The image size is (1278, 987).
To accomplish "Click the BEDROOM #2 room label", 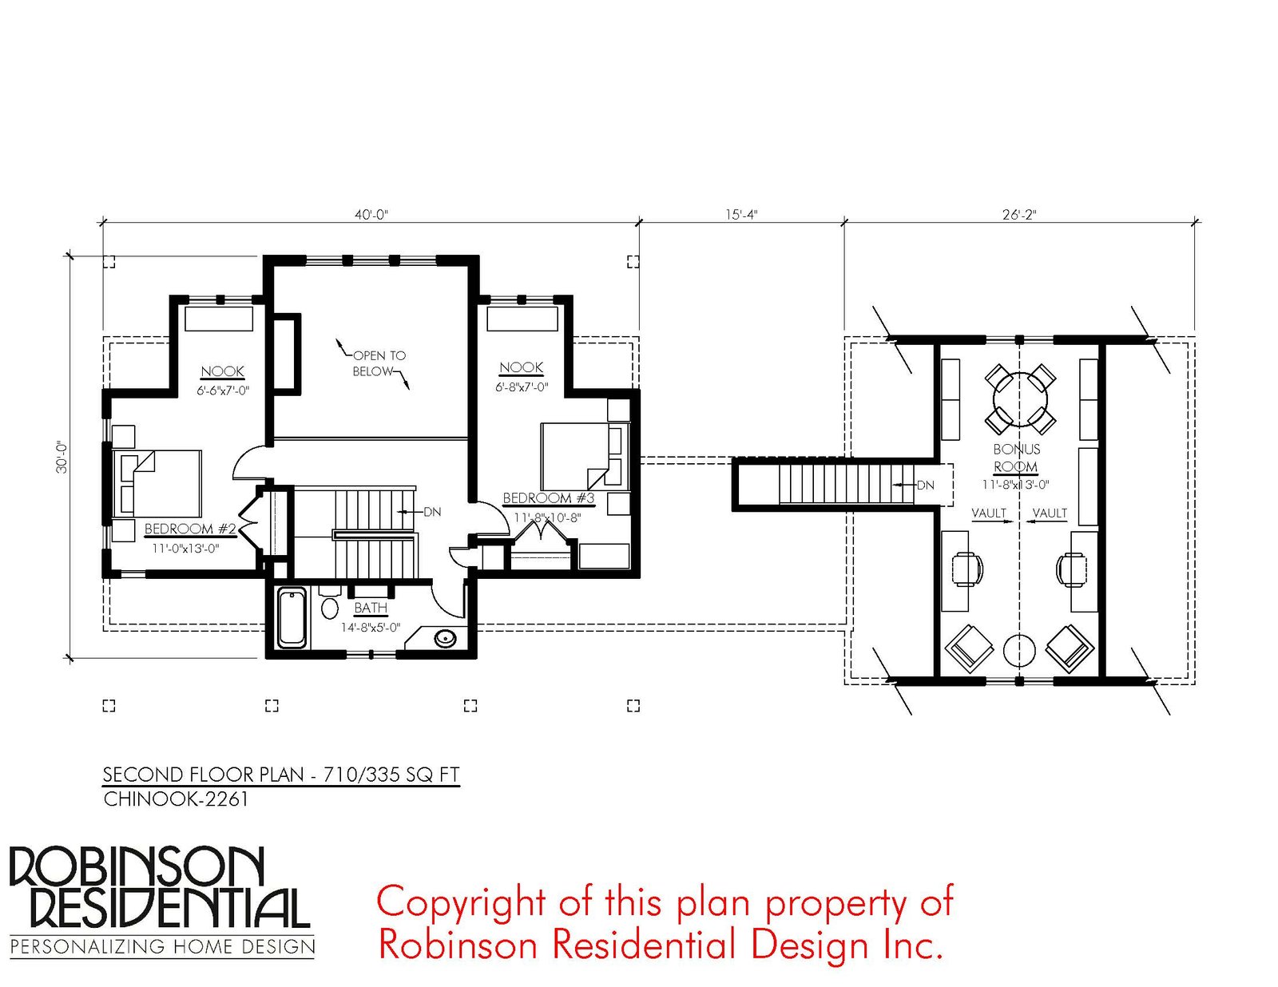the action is tap(190, 529).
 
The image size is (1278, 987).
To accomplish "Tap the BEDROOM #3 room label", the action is tap(548, 498).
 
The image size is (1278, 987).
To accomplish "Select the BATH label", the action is tap(371, 607).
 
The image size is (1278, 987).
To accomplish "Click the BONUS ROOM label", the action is tap(1016, 458).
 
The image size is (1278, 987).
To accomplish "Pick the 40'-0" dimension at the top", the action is tap(371, 215).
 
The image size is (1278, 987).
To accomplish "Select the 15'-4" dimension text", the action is tap(741, 215).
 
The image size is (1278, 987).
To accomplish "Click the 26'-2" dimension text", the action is tap(1019, 215).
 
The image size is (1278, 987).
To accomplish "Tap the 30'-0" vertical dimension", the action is tap(62, 458).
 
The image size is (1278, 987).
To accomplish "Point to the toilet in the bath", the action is tap(331, 602).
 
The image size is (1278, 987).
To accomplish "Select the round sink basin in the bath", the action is tap(445, 637).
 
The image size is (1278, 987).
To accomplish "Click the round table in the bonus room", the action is tap(1020, 399).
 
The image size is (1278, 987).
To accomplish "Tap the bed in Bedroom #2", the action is tap(157, 483).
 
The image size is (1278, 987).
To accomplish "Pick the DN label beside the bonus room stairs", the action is tap(925, 485).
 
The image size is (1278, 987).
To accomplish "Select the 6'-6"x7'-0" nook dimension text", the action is tap(223, 390).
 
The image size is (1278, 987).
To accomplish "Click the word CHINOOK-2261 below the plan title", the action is tap(176, 799).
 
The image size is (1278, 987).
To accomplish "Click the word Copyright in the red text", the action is tap(461, 903).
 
